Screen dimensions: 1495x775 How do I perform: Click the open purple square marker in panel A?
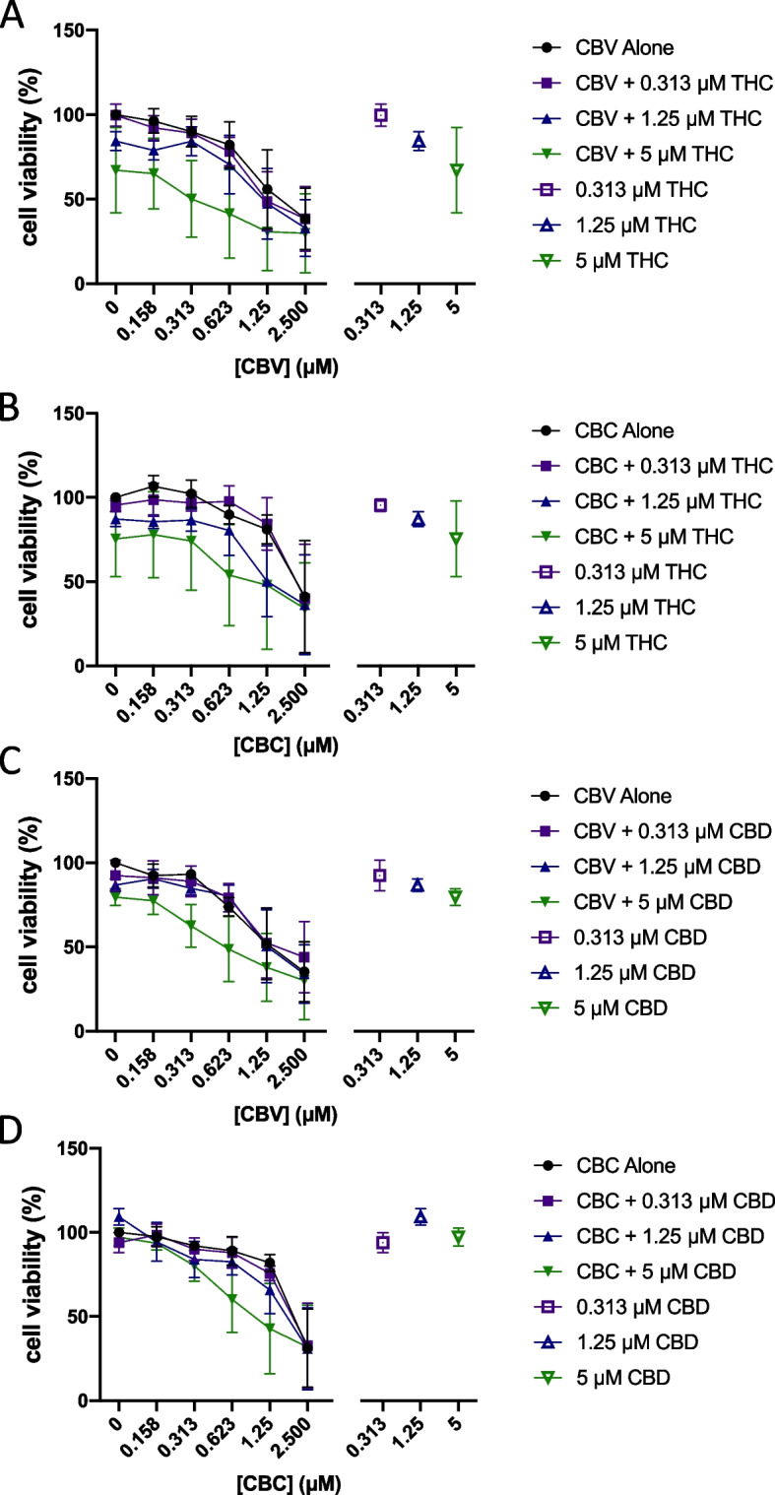tap(380, 115)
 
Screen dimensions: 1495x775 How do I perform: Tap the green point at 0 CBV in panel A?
tap(116, 169)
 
